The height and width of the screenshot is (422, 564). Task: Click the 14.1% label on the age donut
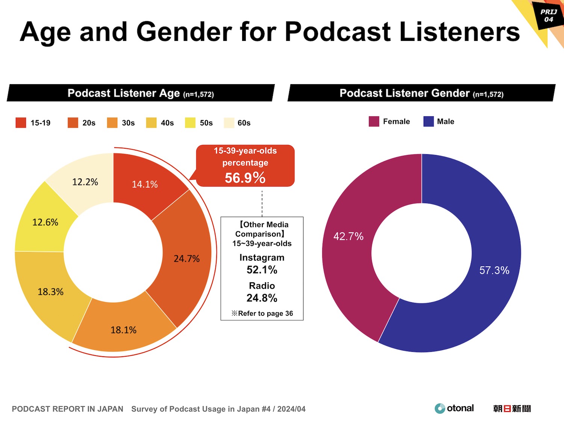(x=145, y=184)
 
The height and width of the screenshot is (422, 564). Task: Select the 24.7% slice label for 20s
(x=186, y=259)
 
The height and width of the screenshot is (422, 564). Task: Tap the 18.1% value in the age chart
(x=123, y=330)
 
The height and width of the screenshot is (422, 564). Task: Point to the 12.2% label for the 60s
(x=85, y=182)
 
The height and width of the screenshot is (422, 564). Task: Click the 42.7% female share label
(x=348, y=237)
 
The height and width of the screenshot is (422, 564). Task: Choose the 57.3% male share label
(x=494, y=270)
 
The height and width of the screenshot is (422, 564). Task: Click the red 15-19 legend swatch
(x=21, y=123)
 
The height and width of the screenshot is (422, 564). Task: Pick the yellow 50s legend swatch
(x=190, y=123)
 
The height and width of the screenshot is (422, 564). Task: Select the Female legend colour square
(x=374, y=121)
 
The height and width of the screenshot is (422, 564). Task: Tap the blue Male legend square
(x=429, y=121)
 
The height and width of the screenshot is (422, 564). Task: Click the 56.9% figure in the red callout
(x=245, y=178)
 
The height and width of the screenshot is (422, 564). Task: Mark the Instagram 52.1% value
(x=262, y=270)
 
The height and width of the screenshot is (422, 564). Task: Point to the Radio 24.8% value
(x=262, y=298)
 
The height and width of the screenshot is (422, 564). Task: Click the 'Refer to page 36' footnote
(x=262, y=313)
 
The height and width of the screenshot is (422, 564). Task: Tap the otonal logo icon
(x=440, y=408)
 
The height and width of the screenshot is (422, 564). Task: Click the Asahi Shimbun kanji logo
(x=512, y=408)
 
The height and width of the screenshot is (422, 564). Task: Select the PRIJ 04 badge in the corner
(x=549, y=16)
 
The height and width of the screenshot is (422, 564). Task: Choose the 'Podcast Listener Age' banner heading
(x=124, y=93)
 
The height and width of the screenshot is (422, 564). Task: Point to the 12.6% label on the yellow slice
(x=45, y=222)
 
